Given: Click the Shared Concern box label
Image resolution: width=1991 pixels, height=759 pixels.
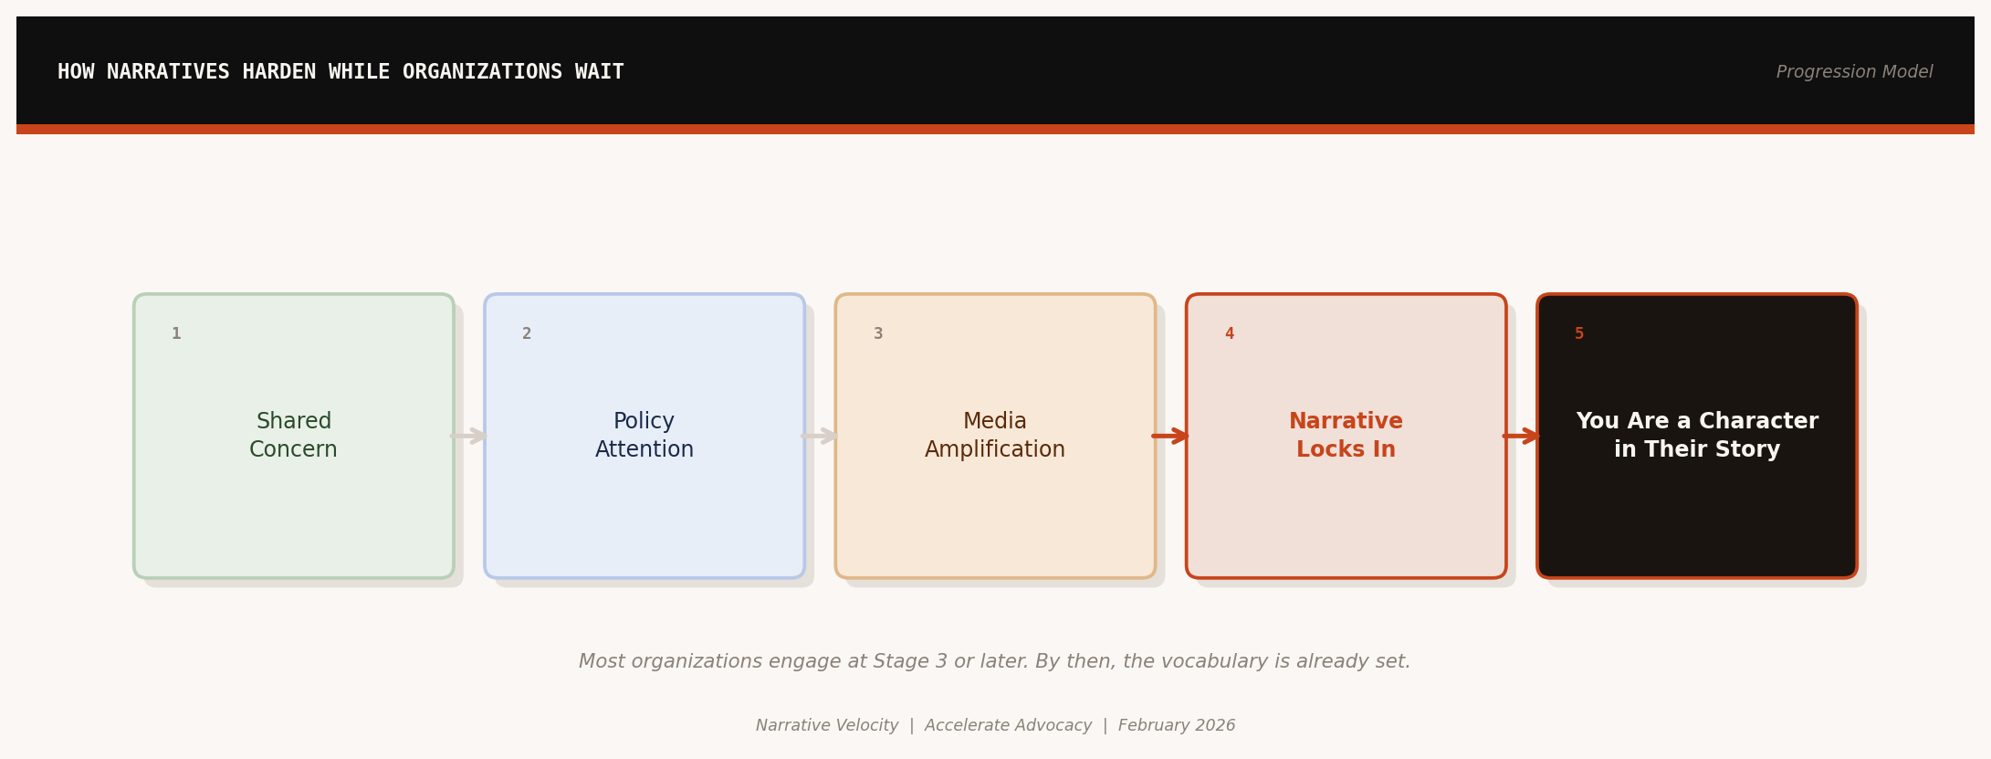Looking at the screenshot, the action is pyautogui.click(x=293, y=436).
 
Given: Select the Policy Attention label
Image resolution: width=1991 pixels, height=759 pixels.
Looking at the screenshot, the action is pyautogui.click(x=644, y=436).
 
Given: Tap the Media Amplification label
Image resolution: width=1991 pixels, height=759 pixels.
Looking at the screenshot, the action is pyautogui.click(x=994, y=436).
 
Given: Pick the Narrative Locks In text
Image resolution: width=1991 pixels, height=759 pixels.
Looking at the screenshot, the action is pyautogui.click(x=1346, y=436).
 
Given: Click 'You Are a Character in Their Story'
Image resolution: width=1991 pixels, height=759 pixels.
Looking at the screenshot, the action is pyautogui.click(x=1696, y=436).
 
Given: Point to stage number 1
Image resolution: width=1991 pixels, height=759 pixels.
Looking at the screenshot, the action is pyautogui.click(x=176, y=334).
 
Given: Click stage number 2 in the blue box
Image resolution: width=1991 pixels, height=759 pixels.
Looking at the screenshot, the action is pyautogui.click(x=527, y=334).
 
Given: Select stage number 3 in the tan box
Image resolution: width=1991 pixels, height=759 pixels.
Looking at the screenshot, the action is pyautogui.click(x=878, y=334).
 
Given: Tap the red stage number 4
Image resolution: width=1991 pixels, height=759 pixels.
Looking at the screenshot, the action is pyautogui.click(x=1229, y=334).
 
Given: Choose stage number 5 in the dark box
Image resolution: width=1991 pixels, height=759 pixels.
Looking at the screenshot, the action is pyautogui.click(x=1579, y=334).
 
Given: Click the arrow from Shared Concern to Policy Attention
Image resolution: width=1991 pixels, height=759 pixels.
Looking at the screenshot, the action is pyautogui.click(x=469, y=436).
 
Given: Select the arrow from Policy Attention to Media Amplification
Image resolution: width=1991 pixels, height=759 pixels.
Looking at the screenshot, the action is pyautogui.click(x=820, y=436).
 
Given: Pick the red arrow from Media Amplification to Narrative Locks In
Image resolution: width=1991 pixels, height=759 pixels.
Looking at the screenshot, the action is pyautogui.click(x=1170, y=436).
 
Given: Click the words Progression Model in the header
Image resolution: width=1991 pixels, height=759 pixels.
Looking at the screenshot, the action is pyautogui.click(x=1854, y=72).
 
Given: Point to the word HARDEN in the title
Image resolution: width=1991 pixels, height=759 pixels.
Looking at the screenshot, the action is pyautogui.click(x=278, y=72).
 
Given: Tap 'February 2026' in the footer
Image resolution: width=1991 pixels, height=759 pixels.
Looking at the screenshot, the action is pyautogui.click(x=1177, y=726).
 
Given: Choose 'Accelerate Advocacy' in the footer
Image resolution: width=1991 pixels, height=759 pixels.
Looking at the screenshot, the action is pyautogui.click(x=1008, y=726).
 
